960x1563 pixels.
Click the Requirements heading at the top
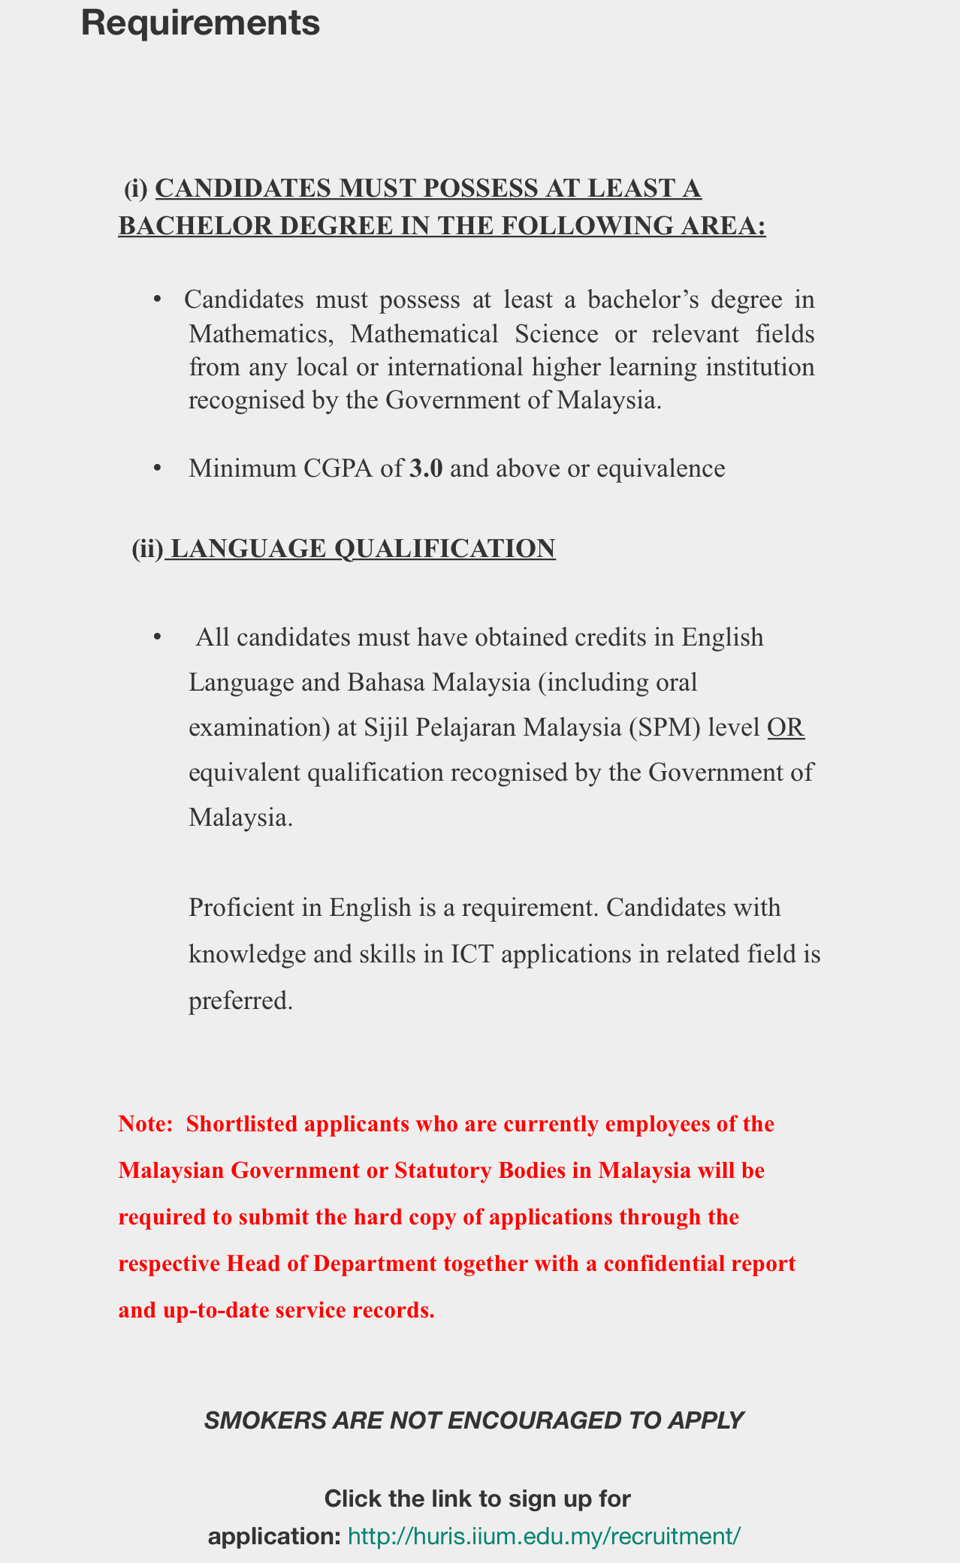200,23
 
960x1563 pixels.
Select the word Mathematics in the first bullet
260,333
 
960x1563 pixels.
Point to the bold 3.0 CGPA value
426,468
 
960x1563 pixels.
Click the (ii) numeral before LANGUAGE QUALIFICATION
147,549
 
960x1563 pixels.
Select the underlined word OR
786,727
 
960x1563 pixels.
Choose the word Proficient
241,908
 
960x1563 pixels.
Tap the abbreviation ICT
470,954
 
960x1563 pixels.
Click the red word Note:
146,1124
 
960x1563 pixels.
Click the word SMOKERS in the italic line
254,1420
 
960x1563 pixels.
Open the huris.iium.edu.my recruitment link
545,1536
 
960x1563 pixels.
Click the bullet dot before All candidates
158,637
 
